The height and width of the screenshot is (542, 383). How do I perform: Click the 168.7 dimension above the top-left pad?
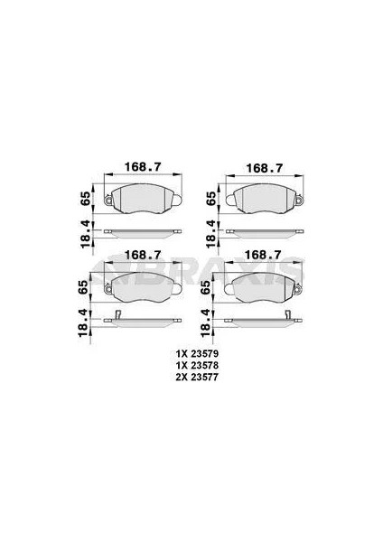coord(143,167)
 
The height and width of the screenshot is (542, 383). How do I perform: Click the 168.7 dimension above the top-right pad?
coord(265,168)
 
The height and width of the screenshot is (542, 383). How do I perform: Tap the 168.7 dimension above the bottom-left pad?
coord(143,255)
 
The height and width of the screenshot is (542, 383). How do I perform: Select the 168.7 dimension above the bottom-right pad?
coord(263,255)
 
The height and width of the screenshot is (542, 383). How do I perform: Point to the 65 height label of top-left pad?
coord(85,199)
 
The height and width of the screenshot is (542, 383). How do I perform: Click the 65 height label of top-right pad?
coord(210,199)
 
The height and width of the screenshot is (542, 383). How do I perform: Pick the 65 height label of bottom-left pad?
coord(83,286)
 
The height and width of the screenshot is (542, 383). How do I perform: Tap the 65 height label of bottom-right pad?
coord(206,286)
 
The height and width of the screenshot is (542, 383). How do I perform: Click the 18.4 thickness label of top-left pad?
coord(85,234)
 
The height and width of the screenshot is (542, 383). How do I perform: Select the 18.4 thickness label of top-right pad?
coord(210,234)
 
